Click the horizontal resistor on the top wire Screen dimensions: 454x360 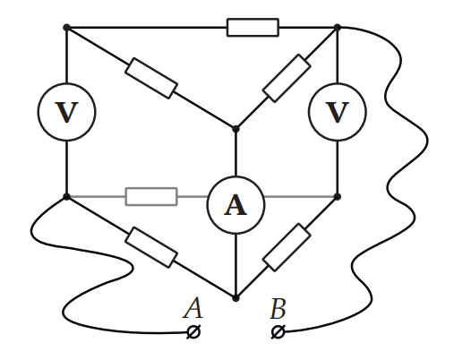pos(253,28)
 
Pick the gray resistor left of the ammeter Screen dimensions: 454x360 pos(151,196)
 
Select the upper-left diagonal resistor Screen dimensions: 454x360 pos(151,78)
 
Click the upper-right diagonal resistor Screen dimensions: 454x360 pos(287,78)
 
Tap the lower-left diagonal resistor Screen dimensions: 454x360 pos(151,247)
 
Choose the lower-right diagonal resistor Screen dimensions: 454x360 pos(287,247)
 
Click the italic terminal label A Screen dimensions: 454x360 pos(193,308)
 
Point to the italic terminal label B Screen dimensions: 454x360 pos(278,308)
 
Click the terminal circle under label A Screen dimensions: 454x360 pos(193,332)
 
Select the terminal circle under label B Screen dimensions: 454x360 pos(278,332)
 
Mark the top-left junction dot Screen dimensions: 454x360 pos(66,28)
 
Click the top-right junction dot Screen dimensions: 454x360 pos(338,28)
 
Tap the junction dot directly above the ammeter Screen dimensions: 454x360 pos(236,129)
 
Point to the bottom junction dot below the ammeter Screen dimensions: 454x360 pos(236,298)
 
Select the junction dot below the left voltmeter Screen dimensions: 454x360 pos(66,196)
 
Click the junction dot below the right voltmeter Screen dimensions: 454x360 pos(338,196)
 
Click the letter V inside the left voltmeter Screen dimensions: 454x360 pos(66,112)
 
